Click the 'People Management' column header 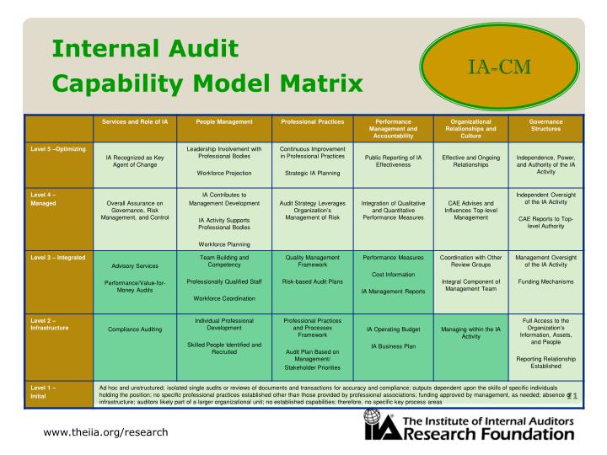coord(223,122)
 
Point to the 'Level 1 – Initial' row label coord(42,392)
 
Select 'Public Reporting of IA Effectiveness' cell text coord(393,161)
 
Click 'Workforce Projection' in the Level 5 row coord(223,174)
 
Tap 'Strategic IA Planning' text coord(312,174)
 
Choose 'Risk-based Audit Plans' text coord(312,281)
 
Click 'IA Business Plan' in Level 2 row coord(393,346)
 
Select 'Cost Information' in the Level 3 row coord(393,274)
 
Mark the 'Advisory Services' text coord(135,265)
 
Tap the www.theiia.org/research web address coord(105,432)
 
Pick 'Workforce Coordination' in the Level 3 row coord(223,297)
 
